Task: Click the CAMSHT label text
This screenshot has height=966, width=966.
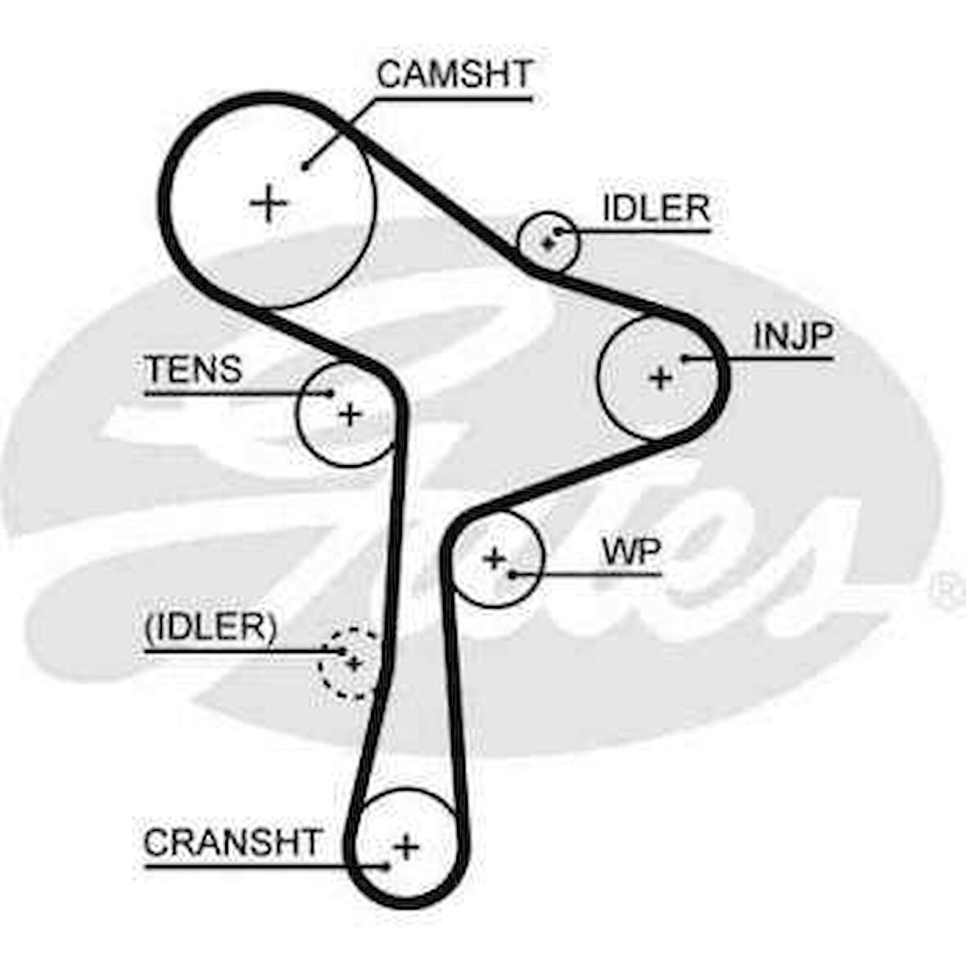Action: (x=454, y=74)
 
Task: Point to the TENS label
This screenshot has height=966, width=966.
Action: (x=193, y=370)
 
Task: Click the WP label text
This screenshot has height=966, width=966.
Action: (x=630, y=552)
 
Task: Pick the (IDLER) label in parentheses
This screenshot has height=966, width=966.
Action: (x=210, y=628)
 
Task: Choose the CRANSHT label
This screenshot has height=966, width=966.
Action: (x=232, y=842)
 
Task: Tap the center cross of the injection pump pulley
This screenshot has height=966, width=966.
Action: (x=660, y=377)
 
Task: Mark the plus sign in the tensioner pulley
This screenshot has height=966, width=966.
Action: (x=350, y=415)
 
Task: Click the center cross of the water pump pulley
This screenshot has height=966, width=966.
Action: (x=494, y=558)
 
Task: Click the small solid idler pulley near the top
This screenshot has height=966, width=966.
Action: (x=548, y=241)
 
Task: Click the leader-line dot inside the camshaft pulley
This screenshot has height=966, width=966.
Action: (x=304, y=166)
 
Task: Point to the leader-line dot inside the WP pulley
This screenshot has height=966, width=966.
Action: (x=511, y=574)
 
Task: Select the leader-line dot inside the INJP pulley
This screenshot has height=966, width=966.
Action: (x=684, y=358)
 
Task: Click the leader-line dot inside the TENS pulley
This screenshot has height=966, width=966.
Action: (x=331, y=394)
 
